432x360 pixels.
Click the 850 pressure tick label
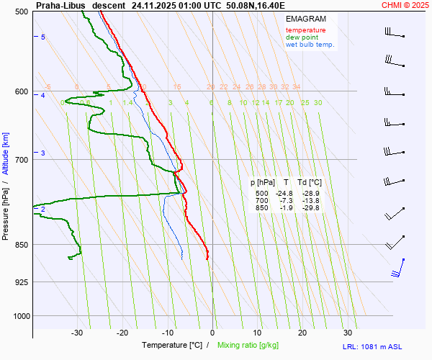tap(21, 245)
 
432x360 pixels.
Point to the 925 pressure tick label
tap(21, 282)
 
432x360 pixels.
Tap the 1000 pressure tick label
tap(19, 315)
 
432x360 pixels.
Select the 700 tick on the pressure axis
tap(21, 160)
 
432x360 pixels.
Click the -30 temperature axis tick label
tap(77, 333)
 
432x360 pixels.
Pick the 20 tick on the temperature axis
tap(302, 333)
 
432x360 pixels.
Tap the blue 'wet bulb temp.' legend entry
tap(310, 45)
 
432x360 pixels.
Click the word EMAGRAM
tap(305, 19)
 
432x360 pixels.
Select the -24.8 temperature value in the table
tap(285, 194)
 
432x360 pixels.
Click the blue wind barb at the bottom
tap(397, 269)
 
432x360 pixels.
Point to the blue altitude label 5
tap(43, 37)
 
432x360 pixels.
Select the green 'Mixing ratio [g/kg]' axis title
tap(249, 346)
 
